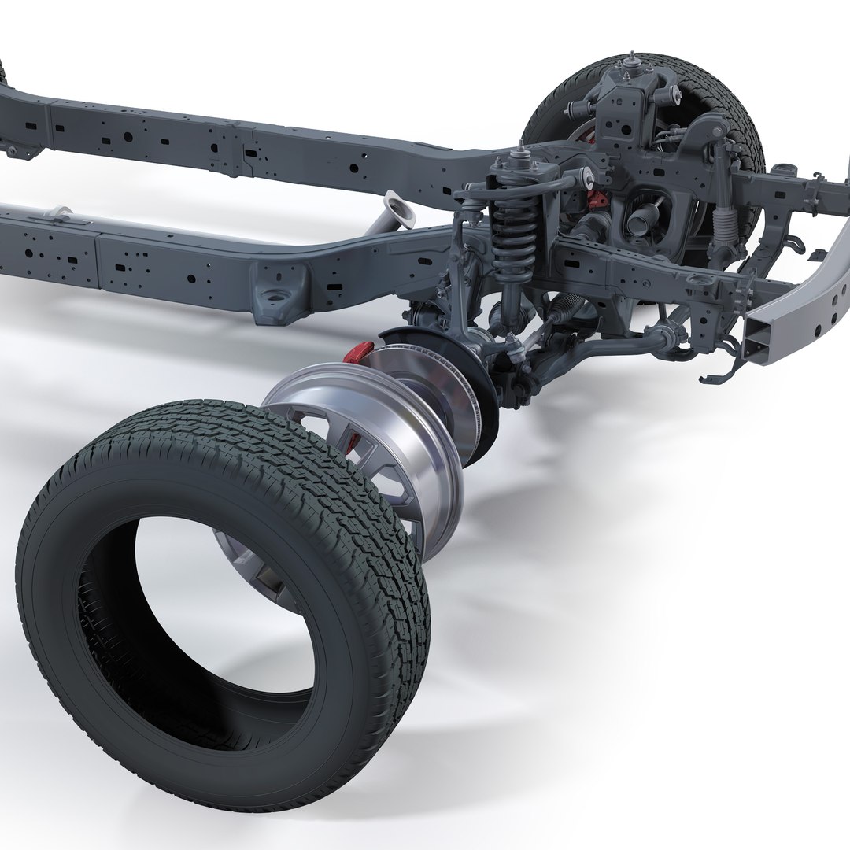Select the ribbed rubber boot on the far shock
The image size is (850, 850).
coord(722,216)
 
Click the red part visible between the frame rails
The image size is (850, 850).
coord(597,198)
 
